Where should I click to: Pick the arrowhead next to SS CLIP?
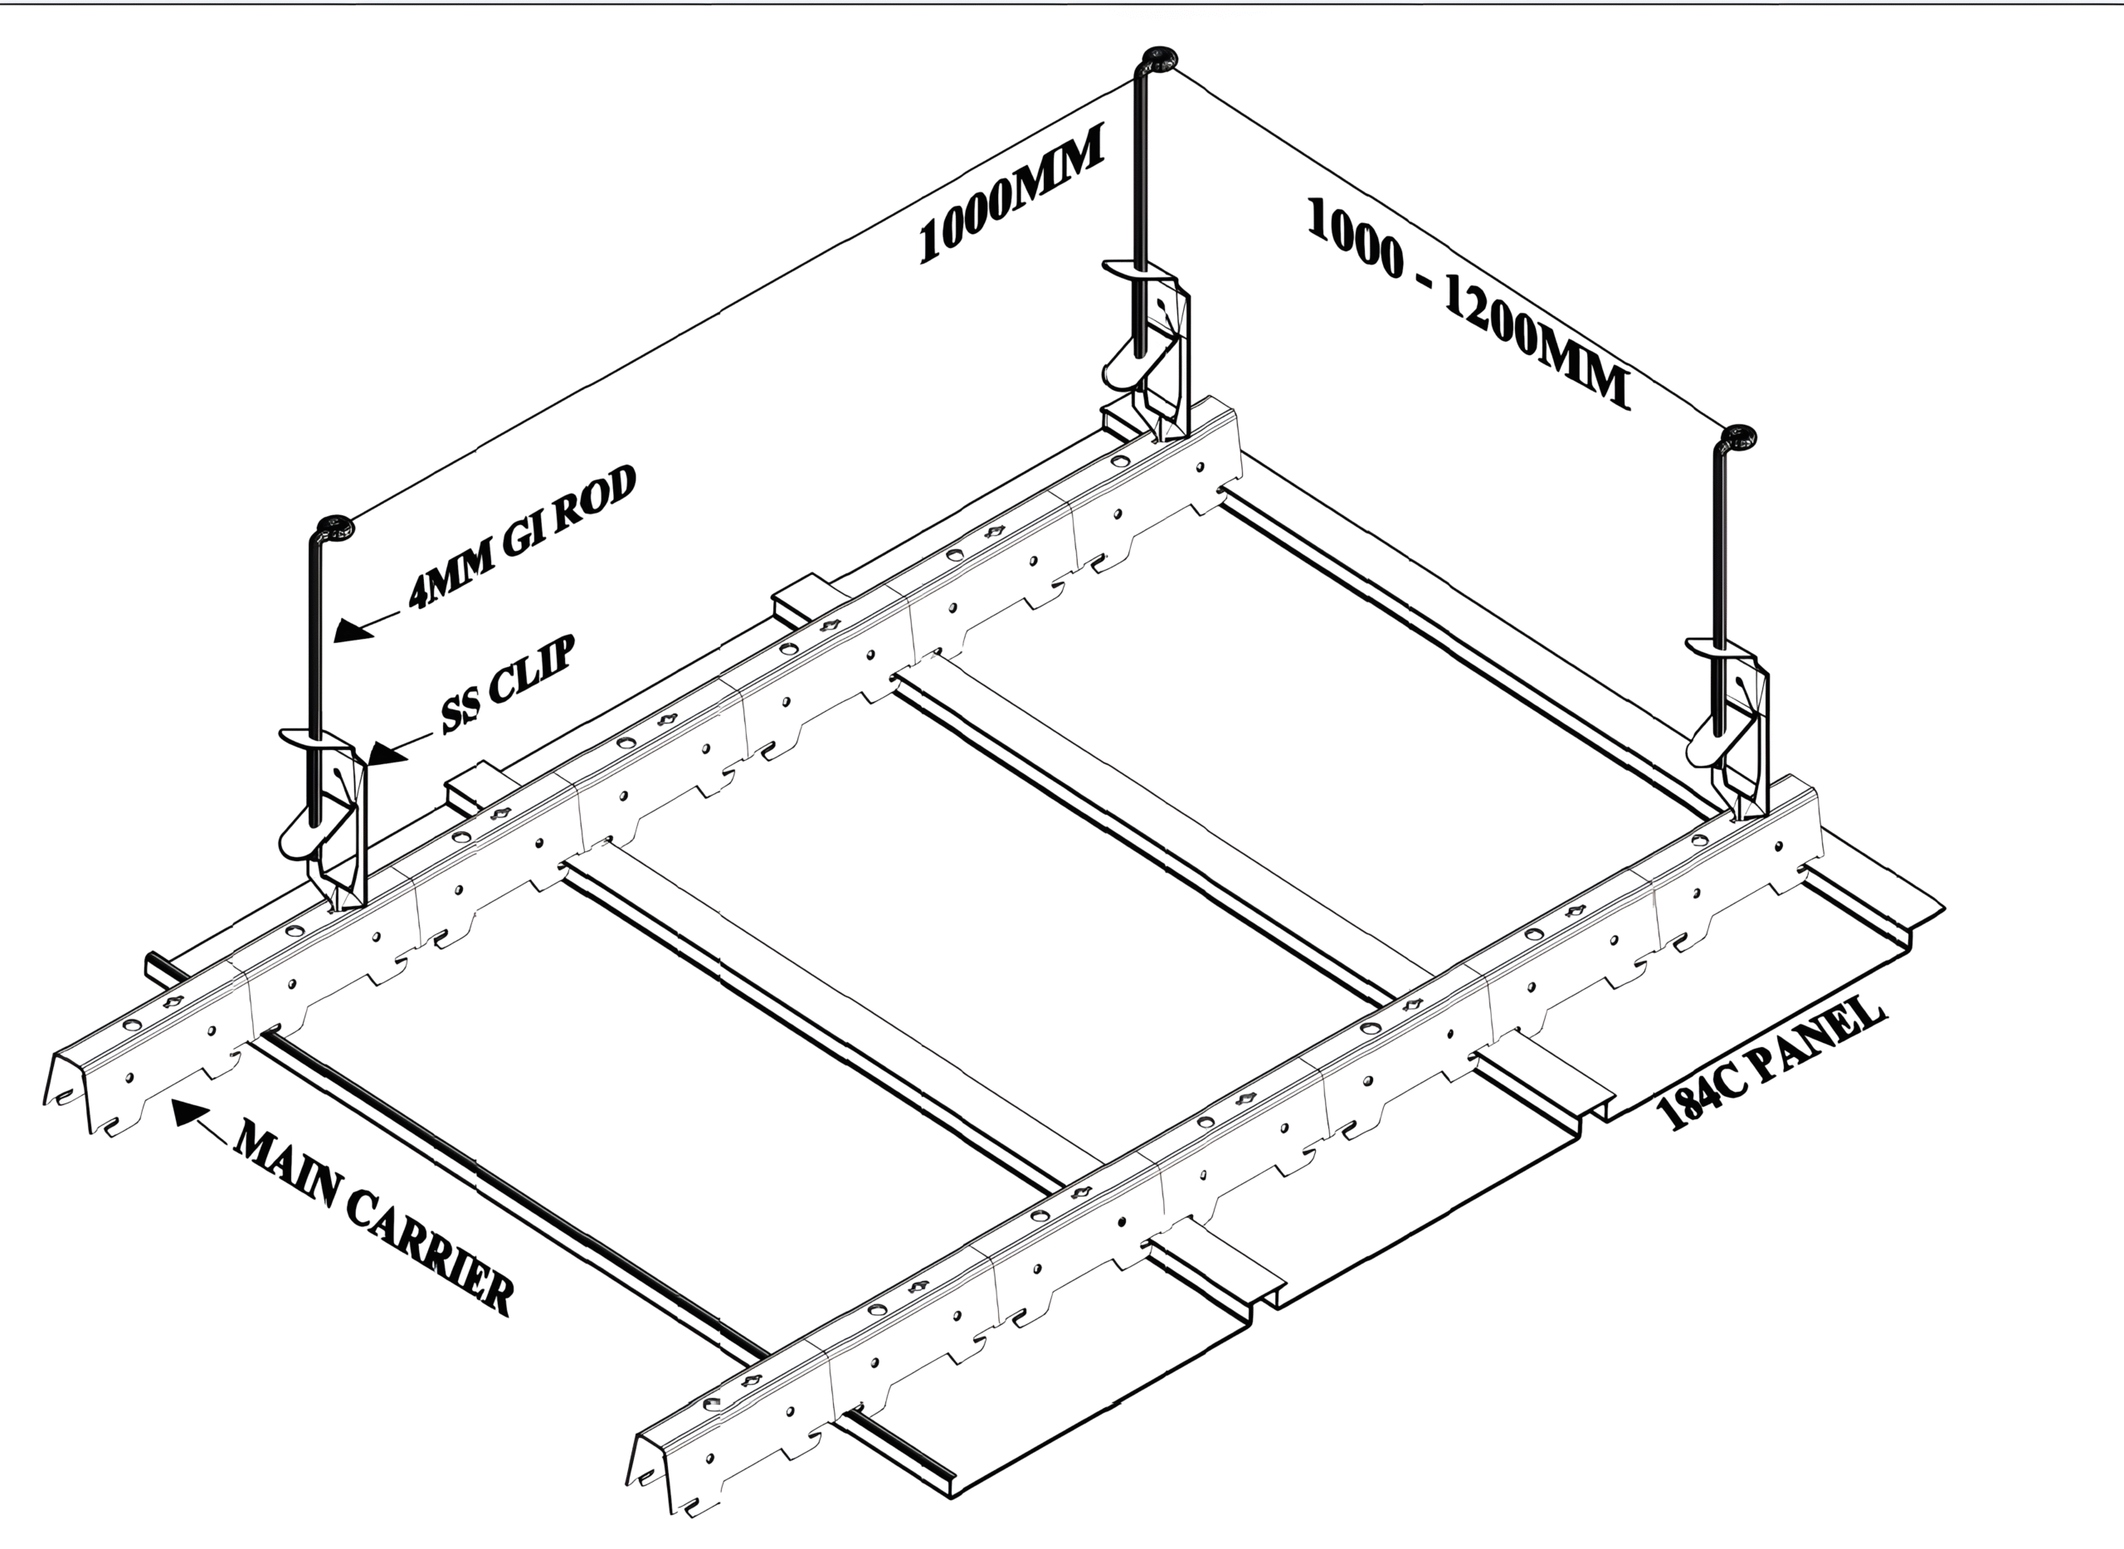coord(386,752)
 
